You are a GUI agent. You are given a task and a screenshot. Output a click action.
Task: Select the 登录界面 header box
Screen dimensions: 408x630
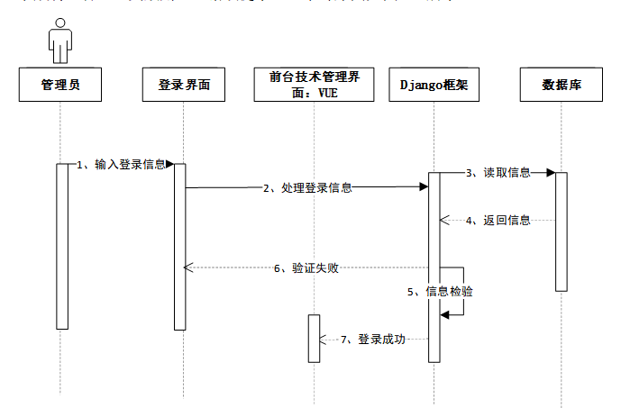[184, 85]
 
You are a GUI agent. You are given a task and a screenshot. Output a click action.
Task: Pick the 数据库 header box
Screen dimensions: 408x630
[560, 85]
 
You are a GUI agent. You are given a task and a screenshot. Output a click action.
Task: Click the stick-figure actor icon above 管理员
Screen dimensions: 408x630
[60, 41]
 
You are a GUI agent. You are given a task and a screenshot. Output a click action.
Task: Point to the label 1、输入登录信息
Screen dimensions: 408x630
[121, 164]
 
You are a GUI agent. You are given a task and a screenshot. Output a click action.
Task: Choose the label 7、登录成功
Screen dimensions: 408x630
[373, 340]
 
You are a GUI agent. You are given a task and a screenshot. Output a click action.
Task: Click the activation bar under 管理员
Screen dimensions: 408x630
[62, 246]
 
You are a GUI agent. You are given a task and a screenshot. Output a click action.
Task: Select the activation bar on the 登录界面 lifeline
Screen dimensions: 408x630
[179, 246]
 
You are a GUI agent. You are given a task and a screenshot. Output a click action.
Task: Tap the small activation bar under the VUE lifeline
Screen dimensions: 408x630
[313, 338]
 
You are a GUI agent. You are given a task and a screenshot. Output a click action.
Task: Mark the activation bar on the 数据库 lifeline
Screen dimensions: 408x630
[561, 231]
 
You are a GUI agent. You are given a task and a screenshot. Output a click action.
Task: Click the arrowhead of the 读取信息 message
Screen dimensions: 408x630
[550, 173]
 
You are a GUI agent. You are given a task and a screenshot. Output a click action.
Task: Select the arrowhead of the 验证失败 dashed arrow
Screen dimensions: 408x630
[187, 267]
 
